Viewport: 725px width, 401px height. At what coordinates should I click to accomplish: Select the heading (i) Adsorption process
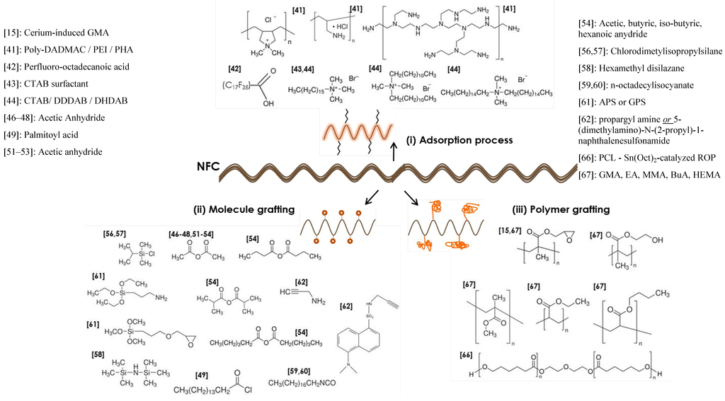pyautogui.click(x=459, y=140)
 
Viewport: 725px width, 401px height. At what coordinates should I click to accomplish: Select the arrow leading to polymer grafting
pyautogui.click(x=412, y=196)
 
